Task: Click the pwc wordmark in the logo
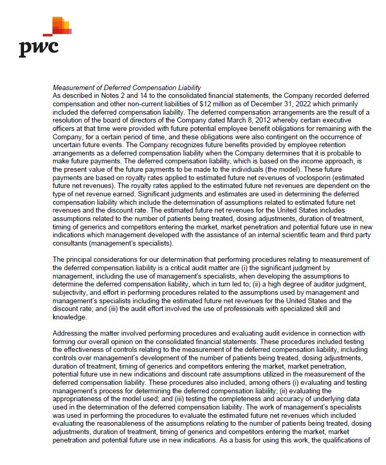point(38,48)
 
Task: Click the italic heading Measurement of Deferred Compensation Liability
point(127,87)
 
